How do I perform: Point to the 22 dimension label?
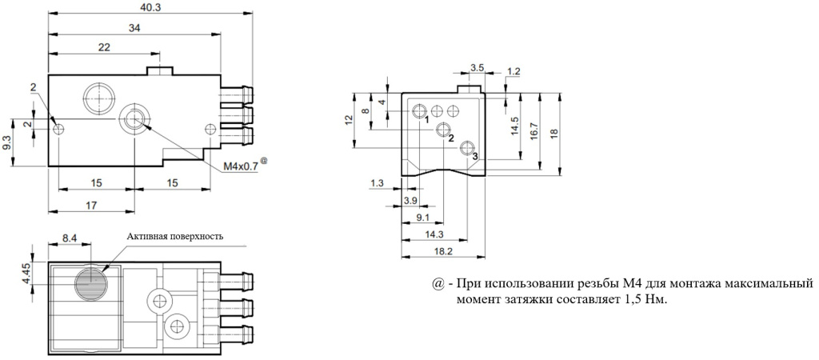pyautogui.click(x=103, y=48)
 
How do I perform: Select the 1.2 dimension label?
pyautogui.click(x=513, y=71)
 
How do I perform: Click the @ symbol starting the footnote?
pyautogui.click(x=437, y=286)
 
